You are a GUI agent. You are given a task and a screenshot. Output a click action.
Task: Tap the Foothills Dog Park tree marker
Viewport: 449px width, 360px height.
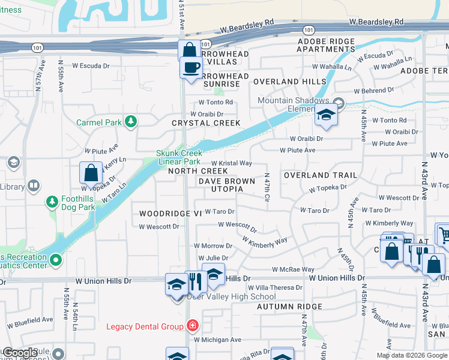[x=53, y=200]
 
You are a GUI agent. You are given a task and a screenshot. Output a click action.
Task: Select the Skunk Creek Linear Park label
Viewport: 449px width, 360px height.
[x=178, y=157]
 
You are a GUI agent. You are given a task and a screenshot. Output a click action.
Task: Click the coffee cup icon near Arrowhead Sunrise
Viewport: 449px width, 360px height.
[x=191, y=67]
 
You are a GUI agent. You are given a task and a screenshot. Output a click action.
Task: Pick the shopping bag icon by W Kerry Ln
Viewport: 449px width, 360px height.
[x=91, y=173]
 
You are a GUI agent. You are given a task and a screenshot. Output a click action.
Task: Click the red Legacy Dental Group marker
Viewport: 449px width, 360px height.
[x=192, y=326]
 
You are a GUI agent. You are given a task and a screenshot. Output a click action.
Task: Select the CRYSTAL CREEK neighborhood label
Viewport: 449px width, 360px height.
[x=206, y=123]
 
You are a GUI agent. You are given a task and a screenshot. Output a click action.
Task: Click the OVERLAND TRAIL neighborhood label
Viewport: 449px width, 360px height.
[x=320, y=175]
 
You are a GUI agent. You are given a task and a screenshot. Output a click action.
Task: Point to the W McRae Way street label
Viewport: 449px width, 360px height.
[x=293, y=270]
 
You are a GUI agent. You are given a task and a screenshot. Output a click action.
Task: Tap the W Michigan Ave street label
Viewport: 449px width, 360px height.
[x=217, y=340]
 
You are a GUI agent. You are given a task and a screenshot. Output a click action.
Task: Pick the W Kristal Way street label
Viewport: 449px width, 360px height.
[x=231, y=163]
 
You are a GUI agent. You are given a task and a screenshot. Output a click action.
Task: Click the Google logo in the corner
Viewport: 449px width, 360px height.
[x=19, y=353]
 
